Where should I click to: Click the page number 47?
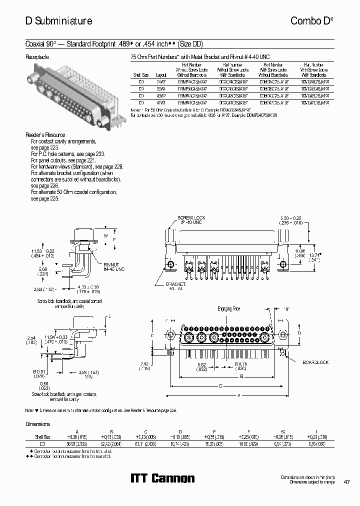pyautogui.click(x=346, y=482)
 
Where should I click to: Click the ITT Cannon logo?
pyautogui.click(x=162, y=478)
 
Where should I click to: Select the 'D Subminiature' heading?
pyautogui.click(x=58, y=20)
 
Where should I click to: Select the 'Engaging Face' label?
pyautogui.click(x=228, y=309)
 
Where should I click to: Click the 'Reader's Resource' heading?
pyautogui.click(x=45, y=135)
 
